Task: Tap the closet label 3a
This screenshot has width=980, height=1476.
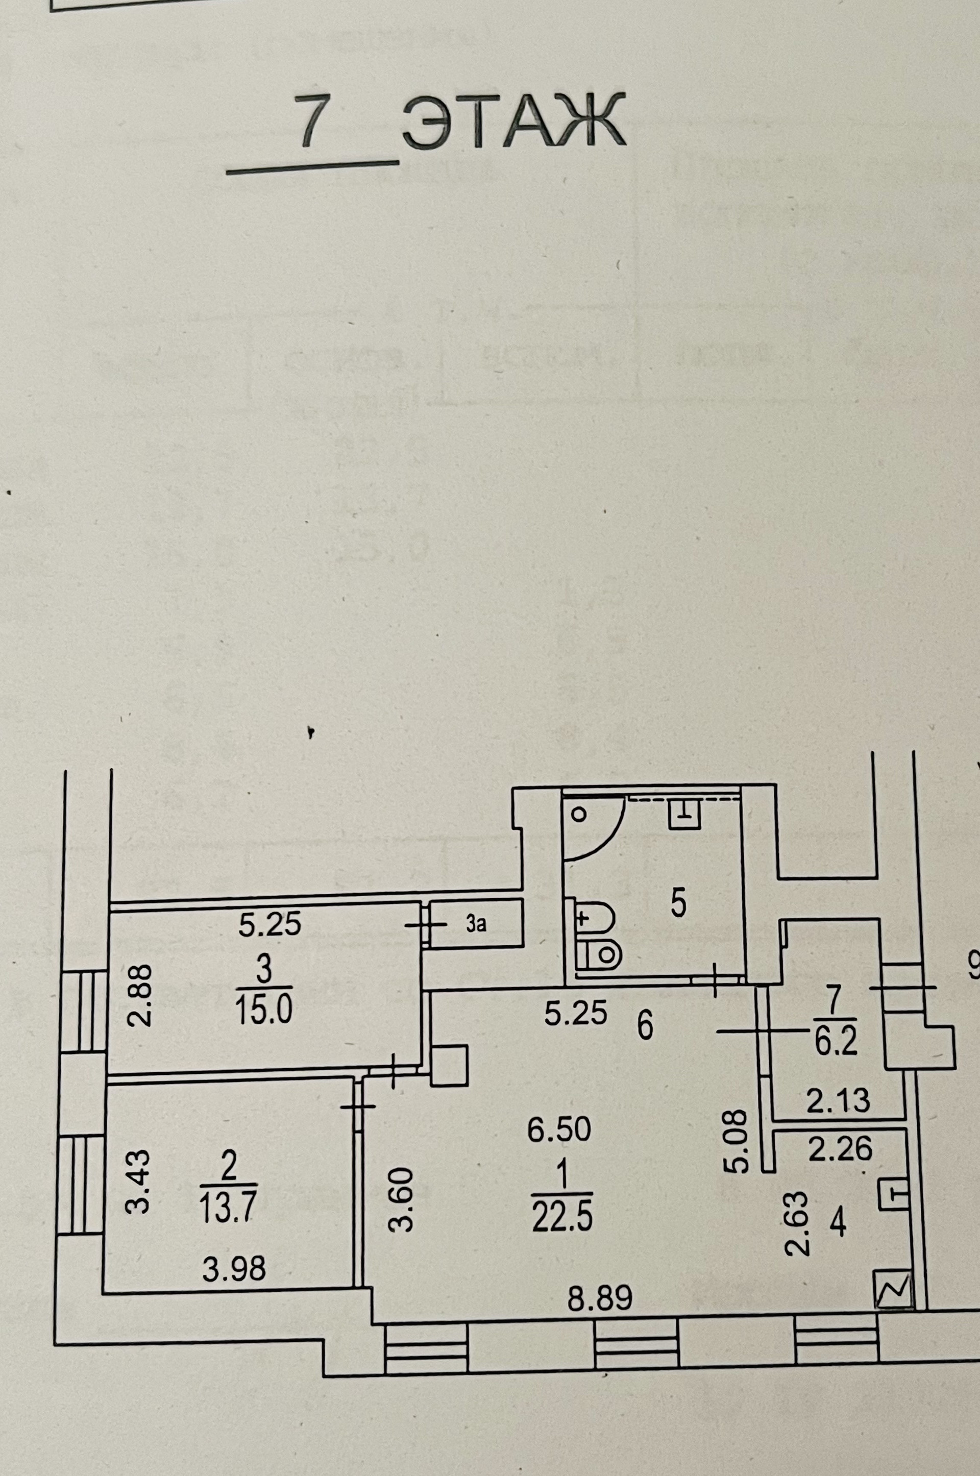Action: coord(476,925)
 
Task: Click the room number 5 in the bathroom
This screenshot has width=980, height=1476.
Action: coord(679,903)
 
